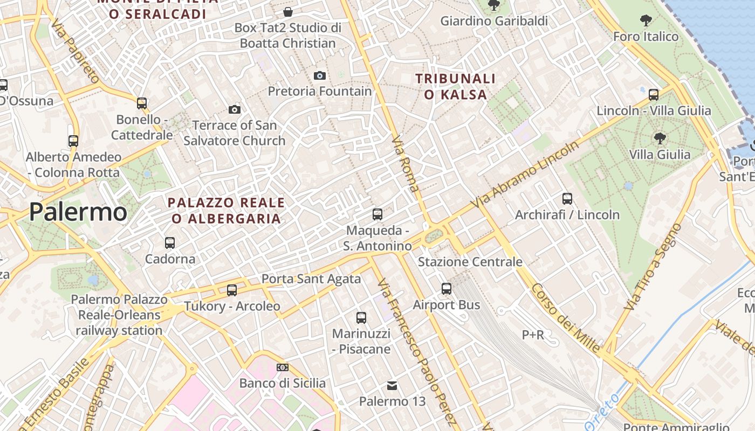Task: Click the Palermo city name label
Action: tap(78, 212)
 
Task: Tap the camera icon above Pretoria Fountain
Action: tap(320, 75)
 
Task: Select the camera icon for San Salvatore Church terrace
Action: tap(234, 109)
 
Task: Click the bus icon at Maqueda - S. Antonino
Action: tap(377, 214)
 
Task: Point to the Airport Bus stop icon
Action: tap(447, 289)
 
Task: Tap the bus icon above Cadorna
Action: tap(170, 243)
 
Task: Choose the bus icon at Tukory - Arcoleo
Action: tap(232, 290)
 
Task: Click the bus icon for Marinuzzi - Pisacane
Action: tap(361, 318)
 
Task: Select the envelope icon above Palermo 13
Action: tap(392, 386)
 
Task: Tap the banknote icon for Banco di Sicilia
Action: tap(283, 367)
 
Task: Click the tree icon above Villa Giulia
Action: tap(660, 138)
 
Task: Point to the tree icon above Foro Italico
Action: tap(646, 21)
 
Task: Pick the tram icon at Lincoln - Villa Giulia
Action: tap(654, 95)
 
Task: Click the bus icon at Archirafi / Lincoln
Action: tap(567, 198)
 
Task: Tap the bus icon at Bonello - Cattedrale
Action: tap(142, 103)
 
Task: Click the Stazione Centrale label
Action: tap(470, 262)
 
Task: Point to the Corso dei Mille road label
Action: tap(565, 318)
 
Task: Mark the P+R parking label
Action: tap(533, 335)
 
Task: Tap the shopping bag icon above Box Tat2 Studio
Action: tap(289, 12)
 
